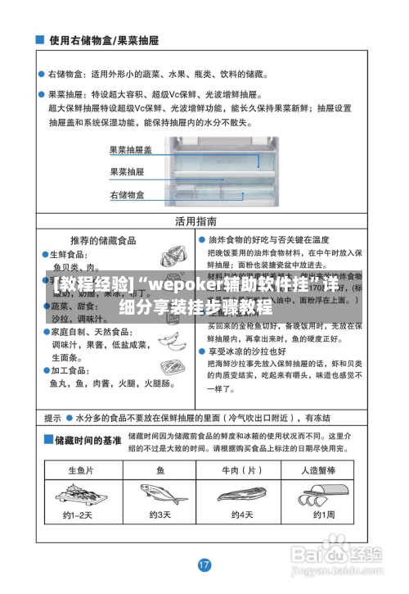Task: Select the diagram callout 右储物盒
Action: [x=127, y=195]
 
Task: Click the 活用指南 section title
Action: [x=196, y=221]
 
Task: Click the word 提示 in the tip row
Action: [x=53, y=416]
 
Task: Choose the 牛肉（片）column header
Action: [x=242, y=470]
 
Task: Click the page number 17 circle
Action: [x=204, y=565]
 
